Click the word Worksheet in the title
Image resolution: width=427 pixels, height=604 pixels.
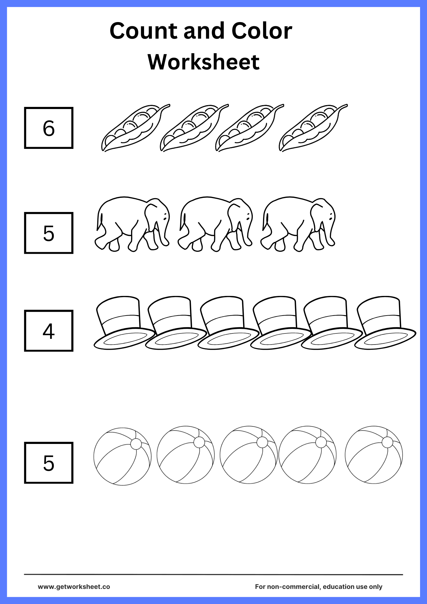pos(204,62)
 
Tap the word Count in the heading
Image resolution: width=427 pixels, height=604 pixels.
pos(143,31)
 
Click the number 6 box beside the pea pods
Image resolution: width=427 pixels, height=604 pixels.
pos(49,128)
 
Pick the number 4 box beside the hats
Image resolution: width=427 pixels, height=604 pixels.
pos(49,331)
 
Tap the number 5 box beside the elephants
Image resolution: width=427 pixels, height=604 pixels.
pos(49,233)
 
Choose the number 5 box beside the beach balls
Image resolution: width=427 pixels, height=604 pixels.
pos(49,463)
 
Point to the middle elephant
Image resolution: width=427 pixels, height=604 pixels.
pos(215,223)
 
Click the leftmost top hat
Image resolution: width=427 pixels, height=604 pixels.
pos(122,323)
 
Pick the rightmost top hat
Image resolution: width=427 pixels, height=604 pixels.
pos(384,323)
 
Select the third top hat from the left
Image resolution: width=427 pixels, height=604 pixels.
pos(226,323)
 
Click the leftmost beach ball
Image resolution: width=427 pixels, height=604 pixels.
pos(122,457)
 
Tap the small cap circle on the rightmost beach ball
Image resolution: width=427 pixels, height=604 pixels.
pos(387,442)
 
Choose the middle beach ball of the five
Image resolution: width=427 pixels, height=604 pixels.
pos(248,455)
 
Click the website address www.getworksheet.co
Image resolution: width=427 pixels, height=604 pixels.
pos(74,587)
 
